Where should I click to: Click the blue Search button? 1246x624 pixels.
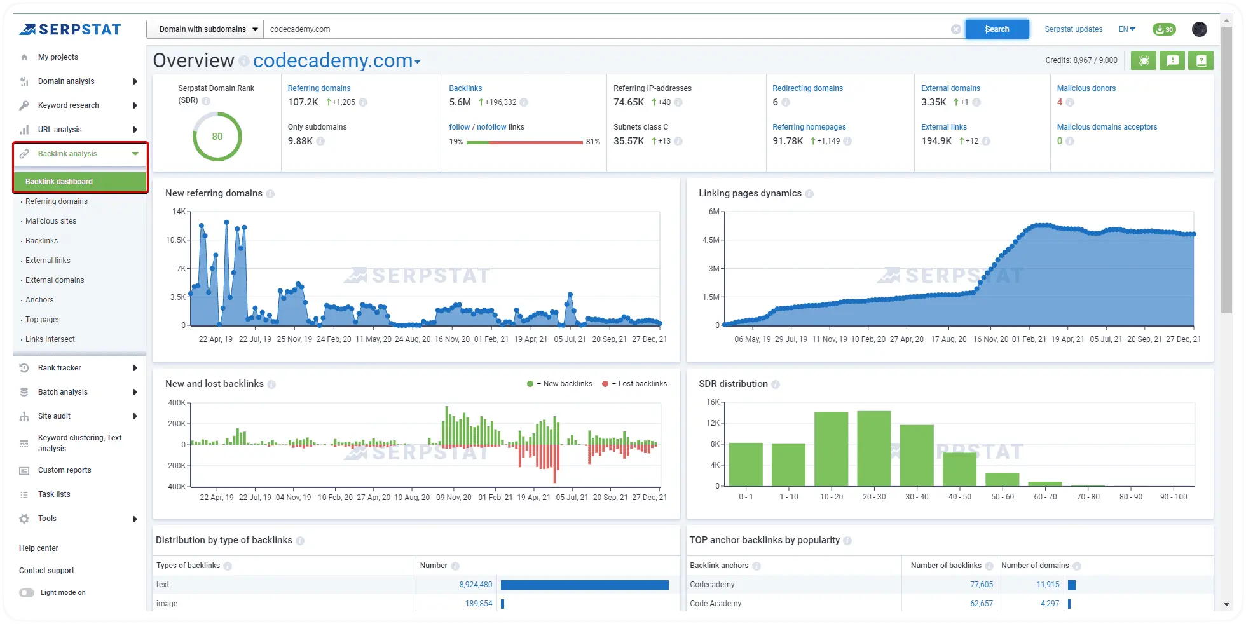pos(996,29)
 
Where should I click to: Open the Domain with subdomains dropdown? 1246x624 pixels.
pos(205,29)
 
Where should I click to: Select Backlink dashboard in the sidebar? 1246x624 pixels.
pos(59,182)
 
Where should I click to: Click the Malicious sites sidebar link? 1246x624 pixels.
pos(51,221)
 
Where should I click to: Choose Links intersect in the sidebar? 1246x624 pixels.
pos(50,339)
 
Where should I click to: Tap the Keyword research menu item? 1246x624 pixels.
pos(69,105)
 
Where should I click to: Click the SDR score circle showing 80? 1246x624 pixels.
pos(217,137)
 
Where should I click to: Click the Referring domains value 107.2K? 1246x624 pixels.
pos(303,102)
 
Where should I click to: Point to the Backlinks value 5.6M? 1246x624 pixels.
pos(460,102)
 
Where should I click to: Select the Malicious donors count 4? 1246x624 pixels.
pos(1060,102)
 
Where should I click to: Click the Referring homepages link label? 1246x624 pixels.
pos(809,127)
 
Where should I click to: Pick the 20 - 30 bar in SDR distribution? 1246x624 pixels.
pos(873,449)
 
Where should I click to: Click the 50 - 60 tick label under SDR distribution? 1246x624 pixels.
pos(1003,497)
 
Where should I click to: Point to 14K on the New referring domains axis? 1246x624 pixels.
pos(179,212)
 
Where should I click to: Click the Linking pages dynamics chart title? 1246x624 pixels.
pos(750,193)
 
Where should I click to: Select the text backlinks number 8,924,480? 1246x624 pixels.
pos(476,585)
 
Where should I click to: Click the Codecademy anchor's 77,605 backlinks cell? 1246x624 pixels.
pos(981,585)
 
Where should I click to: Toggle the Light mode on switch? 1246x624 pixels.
pos(27,593)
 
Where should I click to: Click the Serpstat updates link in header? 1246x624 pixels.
pos(1073,29)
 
